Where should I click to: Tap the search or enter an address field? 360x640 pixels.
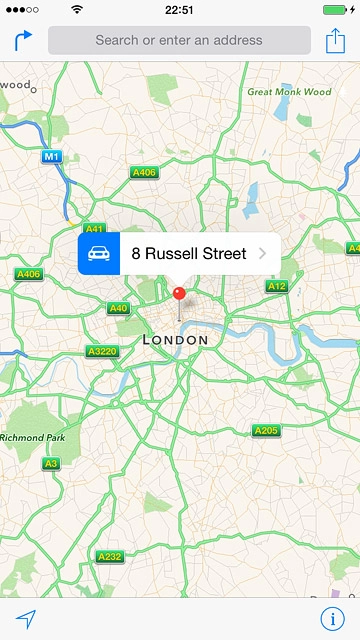point(179,41)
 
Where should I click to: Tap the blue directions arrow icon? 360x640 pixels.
point(23,40)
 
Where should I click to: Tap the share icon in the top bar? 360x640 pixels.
point(335,40)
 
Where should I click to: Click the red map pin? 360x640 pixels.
point(180,294)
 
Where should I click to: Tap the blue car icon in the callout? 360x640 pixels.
point(99,254)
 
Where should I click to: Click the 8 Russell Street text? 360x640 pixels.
point(189,254)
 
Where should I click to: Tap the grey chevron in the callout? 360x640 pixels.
point(262,254)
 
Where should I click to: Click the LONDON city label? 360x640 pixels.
point(176,340)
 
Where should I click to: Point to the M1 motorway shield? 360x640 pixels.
point(51,157)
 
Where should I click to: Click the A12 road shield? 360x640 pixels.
point(277,287)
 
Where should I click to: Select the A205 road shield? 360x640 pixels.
point(266,431)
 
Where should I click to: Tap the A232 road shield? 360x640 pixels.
point(110,556)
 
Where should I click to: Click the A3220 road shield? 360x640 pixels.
point(102,352)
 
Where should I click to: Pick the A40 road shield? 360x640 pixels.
point(118,309)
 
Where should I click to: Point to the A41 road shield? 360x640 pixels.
point(95,229)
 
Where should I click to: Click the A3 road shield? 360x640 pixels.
point(51,463)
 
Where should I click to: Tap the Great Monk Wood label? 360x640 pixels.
point(289,92)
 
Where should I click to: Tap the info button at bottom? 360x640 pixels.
point(333,618)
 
